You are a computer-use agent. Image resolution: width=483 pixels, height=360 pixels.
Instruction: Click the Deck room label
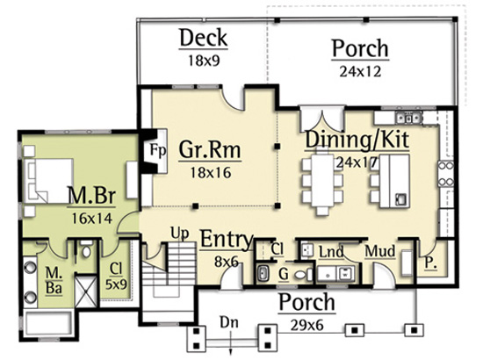pos(204,38)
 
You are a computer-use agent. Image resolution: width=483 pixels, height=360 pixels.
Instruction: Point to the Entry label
pos(227,240)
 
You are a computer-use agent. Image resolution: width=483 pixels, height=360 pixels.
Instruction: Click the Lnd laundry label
pos(331,253)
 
